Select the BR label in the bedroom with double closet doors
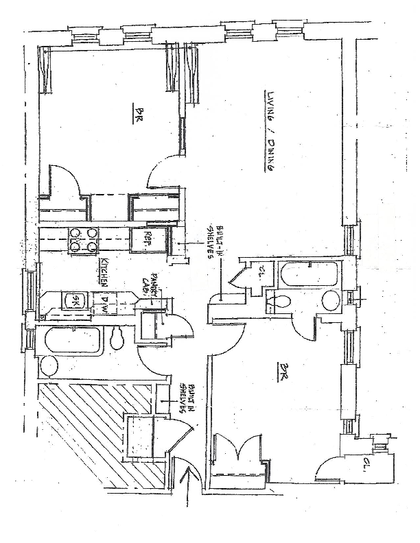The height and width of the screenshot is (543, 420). point(282,372)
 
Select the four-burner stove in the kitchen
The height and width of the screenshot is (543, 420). point(82,238)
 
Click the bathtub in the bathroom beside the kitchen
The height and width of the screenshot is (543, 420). point(72,338)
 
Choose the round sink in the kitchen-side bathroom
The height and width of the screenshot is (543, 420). point(49,365)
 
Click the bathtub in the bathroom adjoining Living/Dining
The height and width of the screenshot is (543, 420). point(308,275)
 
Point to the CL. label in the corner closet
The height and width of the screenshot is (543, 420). point(367,471)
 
